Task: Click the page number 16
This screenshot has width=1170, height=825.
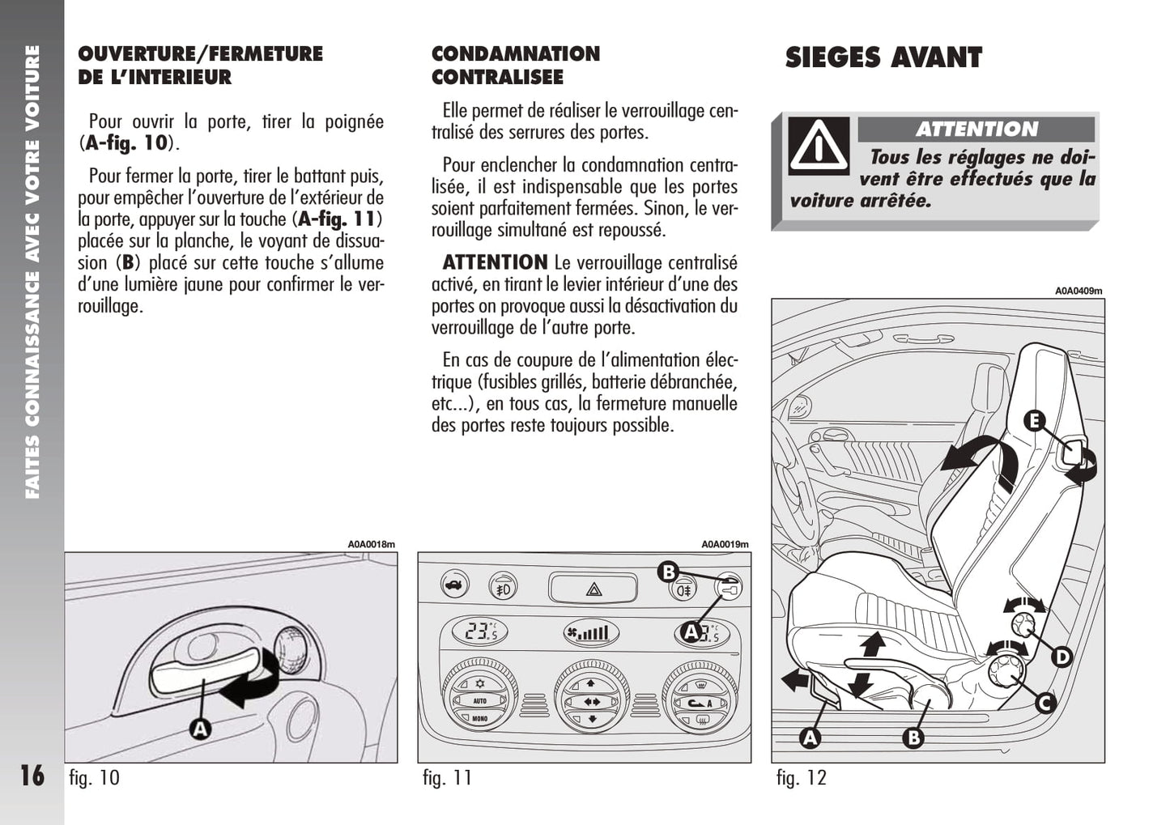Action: click(x=32, y=776)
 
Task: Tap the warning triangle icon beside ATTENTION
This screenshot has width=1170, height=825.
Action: click(x=819, y=146)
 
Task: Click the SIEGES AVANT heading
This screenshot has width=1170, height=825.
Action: click(x=883, y=57)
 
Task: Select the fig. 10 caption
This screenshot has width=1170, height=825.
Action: click(x=95, y=778)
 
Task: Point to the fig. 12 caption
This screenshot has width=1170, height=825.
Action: click(x=802, y=778)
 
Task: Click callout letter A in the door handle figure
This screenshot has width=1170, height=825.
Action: click(x=200, y=729)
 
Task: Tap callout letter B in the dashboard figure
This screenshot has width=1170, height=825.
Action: click(x=668, y=572)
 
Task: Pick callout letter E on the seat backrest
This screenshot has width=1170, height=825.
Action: click(x=1034, y=421)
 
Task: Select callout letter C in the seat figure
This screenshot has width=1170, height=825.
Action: click(x=1045, y=704)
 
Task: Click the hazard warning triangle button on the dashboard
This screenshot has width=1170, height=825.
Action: click(x=594, y=589)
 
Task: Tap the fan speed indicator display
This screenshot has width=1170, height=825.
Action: click(x=591, y=633)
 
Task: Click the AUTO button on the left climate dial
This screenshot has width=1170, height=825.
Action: click(x=480, y=701)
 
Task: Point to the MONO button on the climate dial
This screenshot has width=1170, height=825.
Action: click(x=479, y=719)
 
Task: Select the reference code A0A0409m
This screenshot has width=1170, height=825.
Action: click(x=1079, y=291)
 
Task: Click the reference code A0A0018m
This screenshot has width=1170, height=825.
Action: click(x=372, y=545)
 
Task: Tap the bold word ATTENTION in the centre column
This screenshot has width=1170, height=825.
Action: click(x=496, y=262)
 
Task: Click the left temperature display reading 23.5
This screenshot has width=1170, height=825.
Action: click(x=479, y=632)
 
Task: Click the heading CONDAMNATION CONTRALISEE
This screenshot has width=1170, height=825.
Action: click(x=516, y=66)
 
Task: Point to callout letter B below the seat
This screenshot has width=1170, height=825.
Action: click(x=913, y=738)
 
